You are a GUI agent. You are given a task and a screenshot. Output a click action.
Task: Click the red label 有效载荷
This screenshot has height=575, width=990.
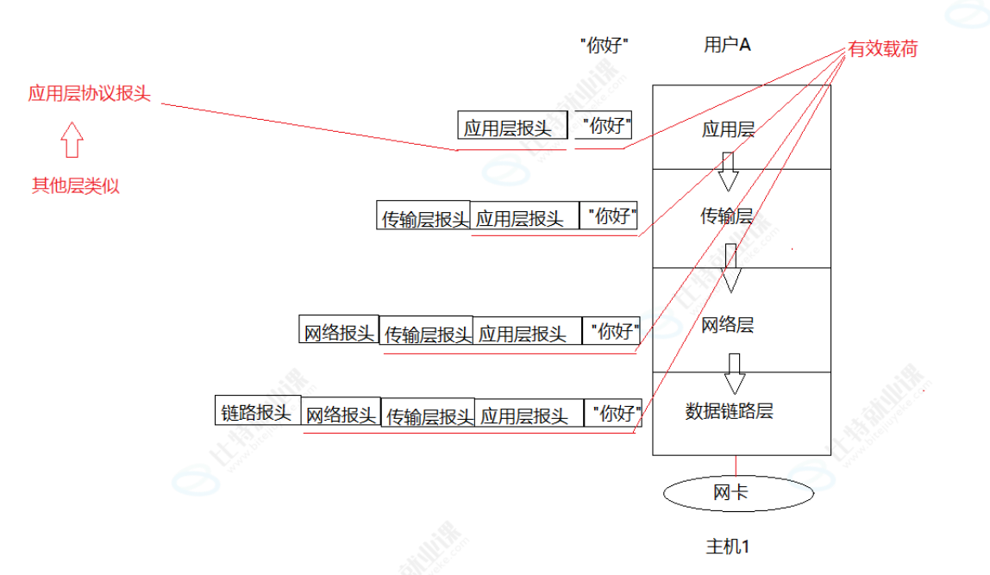click(x=882, y=50)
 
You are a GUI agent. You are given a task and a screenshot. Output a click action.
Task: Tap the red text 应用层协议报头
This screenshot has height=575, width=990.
click(x=90, y=94)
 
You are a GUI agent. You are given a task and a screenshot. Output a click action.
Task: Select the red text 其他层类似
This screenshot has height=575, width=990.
click(x=76, y=186)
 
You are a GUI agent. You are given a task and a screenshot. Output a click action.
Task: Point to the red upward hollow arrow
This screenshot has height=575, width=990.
click(x=72, y=139)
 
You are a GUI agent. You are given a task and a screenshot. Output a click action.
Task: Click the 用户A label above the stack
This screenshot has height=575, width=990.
click(x=727, y=46)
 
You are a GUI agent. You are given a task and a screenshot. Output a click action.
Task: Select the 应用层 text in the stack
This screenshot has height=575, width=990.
click(x=728, y=130)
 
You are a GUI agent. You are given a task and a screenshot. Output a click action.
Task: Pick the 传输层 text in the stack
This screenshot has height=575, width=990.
click(x=726, y=216)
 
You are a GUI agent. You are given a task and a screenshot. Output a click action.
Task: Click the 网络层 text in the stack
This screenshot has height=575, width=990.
click(x=727, y=325)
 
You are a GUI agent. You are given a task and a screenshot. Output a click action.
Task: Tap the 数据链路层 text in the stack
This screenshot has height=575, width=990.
click(x=729, y=411)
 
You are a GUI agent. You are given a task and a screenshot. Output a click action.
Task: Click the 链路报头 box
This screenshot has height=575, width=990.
click(x=257, y=412)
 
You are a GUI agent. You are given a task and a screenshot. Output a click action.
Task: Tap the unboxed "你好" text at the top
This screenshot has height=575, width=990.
click(x=604, y=46)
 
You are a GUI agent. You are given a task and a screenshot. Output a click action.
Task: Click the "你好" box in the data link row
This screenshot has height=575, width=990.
click(x=614, y=413)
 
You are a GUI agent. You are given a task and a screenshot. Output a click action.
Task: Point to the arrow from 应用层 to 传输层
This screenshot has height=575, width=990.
click(x=729, y=172)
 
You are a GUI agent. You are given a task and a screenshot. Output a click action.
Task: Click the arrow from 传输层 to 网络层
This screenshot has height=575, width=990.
click(x=732, y=268)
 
